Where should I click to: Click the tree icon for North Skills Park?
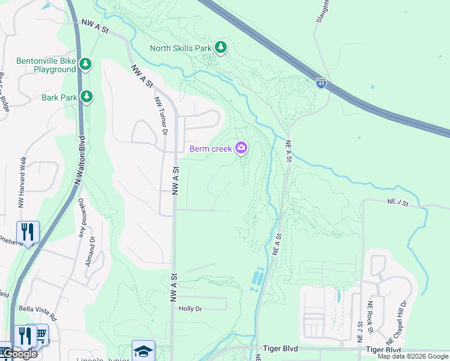click(x=221, y=48)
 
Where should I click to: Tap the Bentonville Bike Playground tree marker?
click(x=85, y=64)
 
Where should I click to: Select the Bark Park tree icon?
click(x=87, y=96)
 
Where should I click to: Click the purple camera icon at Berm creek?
click(x=241, y=148)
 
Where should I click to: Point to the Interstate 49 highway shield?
click(x=322, y=83)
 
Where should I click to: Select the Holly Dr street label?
click(x=190, y=309)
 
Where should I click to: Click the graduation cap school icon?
click(x=143, y=350)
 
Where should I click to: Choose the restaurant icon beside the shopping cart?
click(x=24, y=335)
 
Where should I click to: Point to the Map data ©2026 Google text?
click(x=412, y=356)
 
